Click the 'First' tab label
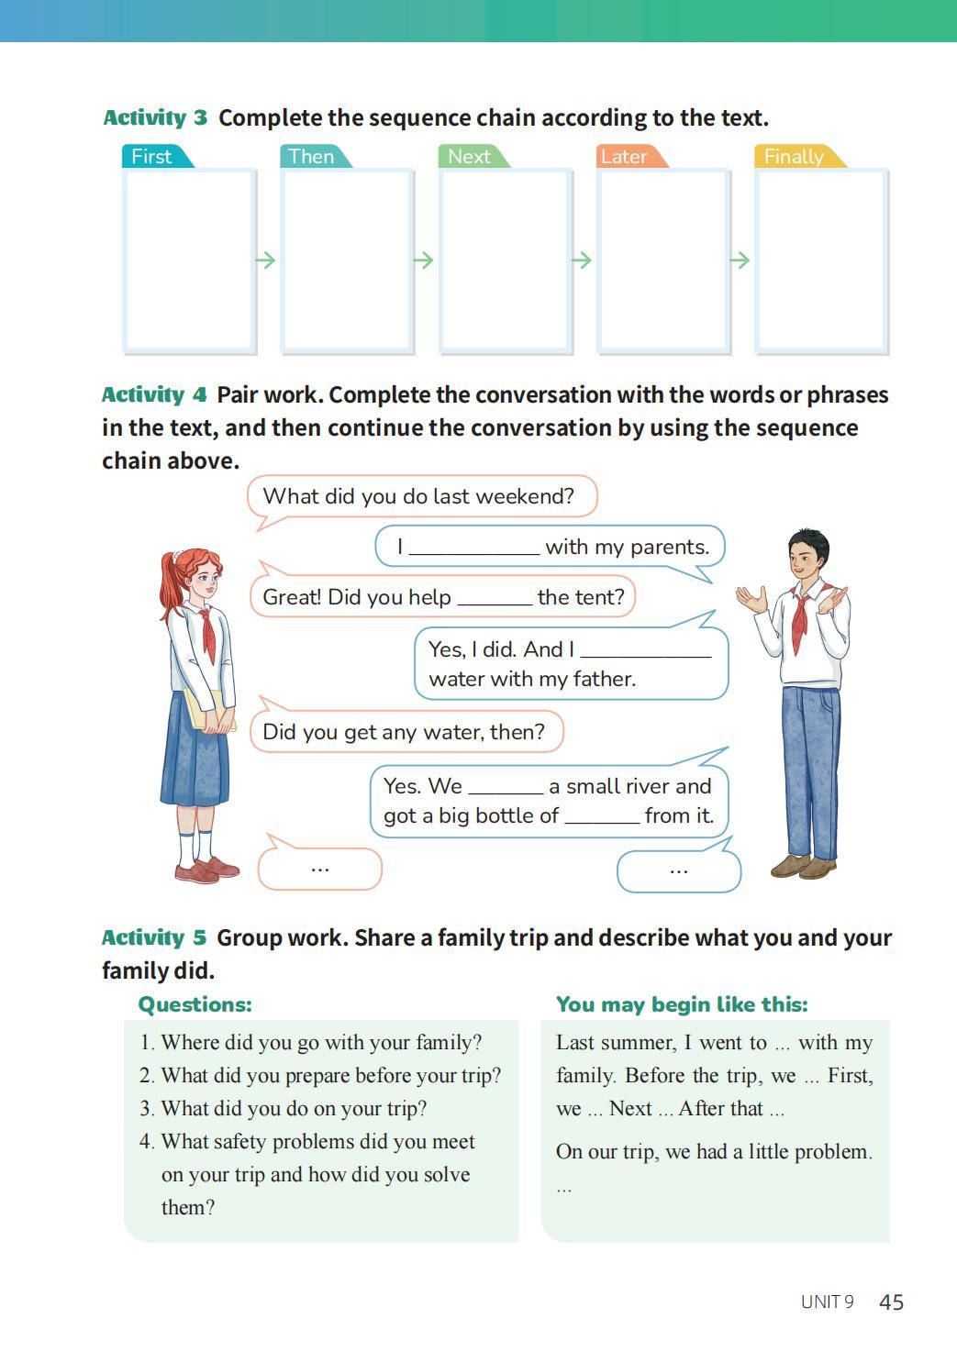(x=151, y=157)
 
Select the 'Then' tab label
(x=311, y=157)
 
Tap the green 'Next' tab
(x=469, y=157)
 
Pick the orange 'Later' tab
(x=624, y=157)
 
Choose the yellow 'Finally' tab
(x=794, y=157)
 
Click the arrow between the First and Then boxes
(x=266, y=260)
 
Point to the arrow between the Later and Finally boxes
(x=740, y=260)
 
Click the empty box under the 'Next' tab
(x=505, y=260)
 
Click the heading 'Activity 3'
(x=155, y=118)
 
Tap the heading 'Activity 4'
(x=154, y=395)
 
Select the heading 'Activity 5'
(x=154, y=938)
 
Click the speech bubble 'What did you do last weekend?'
(x=418, y=497)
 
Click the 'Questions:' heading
(x=195, y=1004)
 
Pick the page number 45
(x=891, y=1302)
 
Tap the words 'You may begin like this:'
(x=682, y=1004)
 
